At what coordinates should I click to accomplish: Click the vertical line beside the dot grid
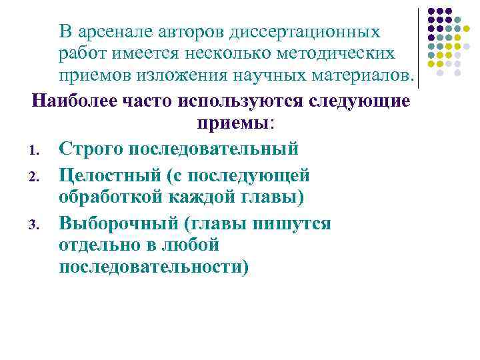click(418, 48)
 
